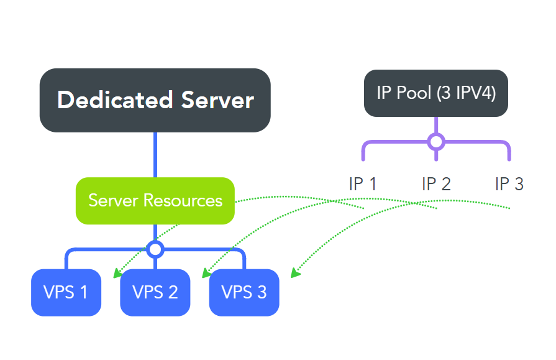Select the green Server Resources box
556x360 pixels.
coord(155,200)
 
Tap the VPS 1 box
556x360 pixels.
coord(66,292)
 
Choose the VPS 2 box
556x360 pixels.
coord(155,292)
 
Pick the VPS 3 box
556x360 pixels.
coord(244,292)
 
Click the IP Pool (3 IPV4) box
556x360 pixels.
coord(435,93)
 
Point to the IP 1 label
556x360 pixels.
coord(363,184)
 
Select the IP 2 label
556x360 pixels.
coord(436,184)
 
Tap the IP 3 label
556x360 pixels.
coord(509,184)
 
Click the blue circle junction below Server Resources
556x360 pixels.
coord(155,249)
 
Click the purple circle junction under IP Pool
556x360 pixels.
coord(436,142)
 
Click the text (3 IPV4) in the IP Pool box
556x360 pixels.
coord(466,93)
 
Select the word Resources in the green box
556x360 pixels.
coord(183,200)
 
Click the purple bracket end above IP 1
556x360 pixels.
coord(363,155)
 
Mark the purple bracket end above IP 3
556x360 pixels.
coord(509,155)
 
